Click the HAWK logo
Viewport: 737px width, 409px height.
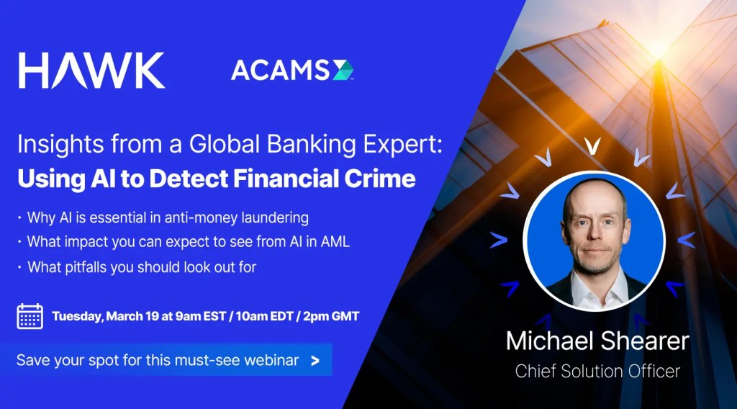(x=91, y=71)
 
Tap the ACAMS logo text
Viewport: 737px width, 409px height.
(x=280, y=71)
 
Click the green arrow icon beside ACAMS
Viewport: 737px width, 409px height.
(x=343, y=71)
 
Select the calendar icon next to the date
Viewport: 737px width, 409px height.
(x=30, y=316)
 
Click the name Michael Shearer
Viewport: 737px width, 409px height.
(x=597, y=341)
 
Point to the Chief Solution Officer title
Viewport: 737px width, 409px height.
(x=597, y=372)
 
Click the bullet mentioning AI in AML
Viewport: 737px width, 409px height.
(x=188, y=242)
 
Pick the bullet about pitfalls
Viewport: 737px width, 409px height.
(x=142, y=267)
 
